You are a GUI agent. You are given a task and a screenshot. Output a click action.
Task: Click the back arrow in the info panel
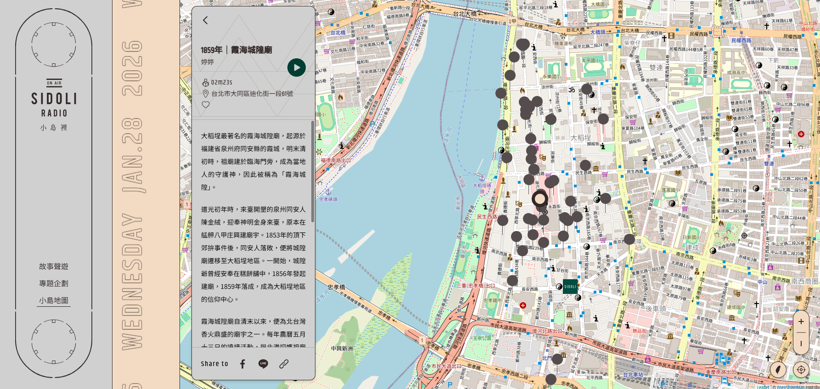[x=205, y=20]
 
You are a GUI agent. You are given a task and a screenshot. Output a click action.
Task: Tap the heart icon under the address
[x=206, y=105]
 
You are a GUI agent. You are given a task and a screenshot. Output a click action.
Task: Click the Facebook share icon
[x=243, y=364]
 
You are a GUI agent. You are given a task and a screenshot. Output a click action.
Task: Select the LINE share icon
[x=263, y=364]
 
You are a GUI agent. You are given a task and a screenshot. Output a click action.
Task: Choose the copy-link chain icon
[x=284, y=364]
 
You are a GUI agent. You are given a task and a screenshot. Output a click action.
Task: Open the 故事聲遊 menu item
[x=54, y=266]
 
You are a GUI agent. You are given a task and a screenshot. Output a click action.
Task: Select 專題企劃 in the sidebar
[x=54, y=283]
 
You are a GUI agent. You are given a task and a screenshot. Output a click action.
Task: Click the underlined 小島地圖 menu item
[x=54, y=300]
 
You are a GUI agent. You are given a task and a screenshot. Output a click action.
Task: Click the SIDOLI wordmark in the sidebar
[x=54, y=99]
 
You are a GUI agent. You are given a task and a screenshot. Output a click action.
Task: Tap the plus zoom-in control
[x=801, y=321]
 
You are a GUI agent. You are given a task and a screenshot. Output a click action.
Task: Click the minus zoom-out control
[x=801, y=343]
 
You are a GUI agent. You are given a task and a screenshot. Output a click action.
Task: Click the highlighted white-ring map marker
[x=540, y=199]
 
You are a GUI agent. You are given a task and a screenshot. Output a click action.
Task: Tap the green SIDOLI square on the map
[x=570, y=286]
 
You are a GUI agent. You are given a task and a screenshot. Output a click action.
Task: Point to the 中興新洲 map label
[x=342, y=349]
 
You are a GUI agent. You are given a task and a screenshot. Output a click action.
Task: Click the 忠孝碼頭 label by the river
[x=328, y=199]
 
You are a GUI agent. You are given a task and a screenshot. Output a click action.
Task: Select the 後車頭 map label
[x=656, y=309]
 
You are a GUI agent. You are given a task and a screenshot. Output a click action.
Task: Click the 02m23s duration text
[x=222, y=82]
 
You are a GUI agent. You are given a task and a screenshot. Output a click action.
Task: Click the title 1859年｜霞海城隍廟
[x=236, y=50]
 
